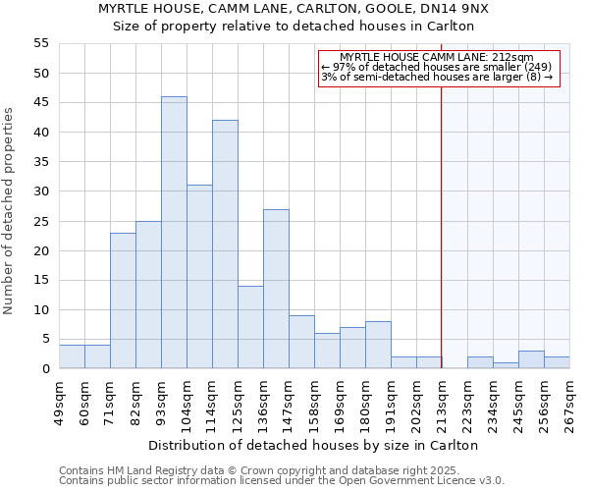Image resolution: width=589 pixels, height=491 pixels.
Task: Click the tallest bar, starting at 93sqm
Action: pos(174,233)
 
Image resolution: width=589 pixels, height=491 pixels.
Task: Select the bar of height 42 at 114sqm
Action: pos(225,245)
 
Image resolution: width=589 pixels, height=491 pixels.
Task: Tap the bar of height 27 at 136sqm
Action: pos(276,289)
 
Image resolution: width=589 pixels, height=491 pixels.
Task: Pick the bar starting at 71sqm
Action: pos(123,300)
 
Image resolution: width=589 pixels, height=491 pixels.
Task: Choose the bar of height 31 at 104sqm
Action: pos(199,277)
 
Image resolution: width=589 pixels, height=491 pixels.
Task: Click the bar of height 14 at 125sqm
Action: pos(250,327)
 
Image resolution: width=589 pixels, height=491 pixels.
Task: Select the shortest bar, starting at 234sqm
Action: pos(506,365)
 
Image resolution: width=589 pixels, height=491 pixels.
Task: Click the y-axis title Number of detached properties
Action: pos(10,211)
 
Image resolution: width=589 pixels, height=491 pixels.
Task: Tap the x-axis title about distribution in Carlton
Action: pos(314,445)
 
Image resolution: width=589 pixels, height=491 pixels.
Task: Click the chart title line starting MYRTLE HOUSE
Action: pos(294,8)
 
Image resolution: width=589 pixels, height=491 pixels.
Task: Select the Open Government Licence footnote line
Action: pos(282,481)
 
